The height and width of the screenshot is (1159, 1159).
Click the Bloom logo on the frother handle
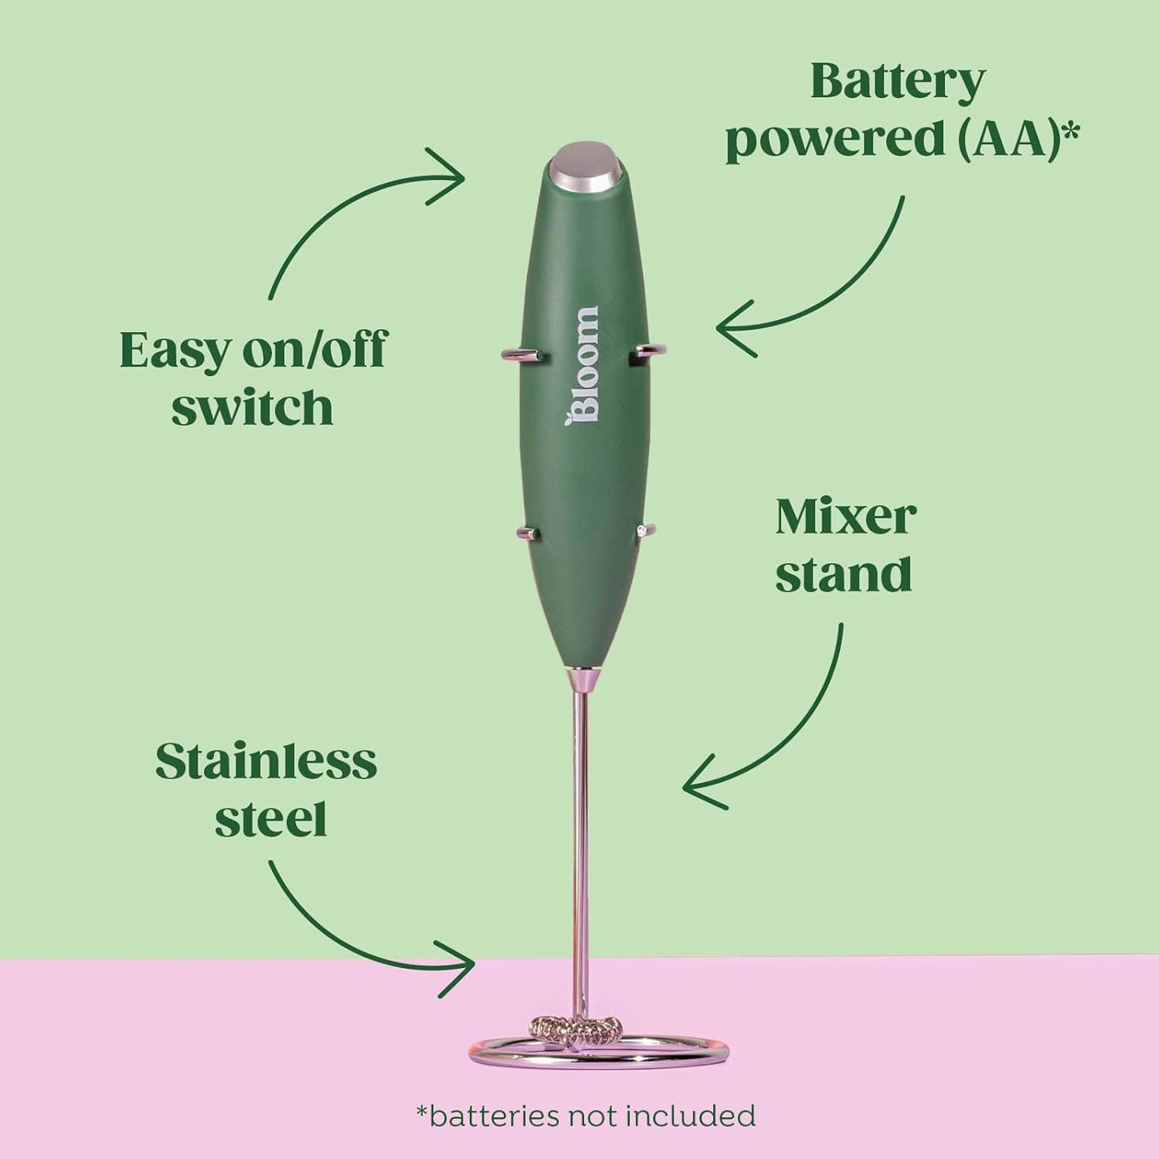(582, 366)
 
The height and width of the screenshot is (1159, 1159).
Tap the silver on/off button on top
(586, 168)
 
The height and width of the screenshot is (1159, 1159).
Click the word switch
(252, 407)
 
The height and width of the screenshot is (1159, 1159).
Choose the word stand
(843, 573)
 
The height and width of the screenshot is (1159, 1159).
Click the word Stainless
(265, 761)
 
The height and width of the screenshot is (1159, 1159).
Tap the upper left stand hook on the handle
(521, 355)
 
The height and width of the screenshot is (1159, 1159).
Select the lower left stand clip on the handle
(527, 531)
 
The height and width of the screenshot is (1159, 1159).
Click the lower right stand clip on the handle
(646, 529)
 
